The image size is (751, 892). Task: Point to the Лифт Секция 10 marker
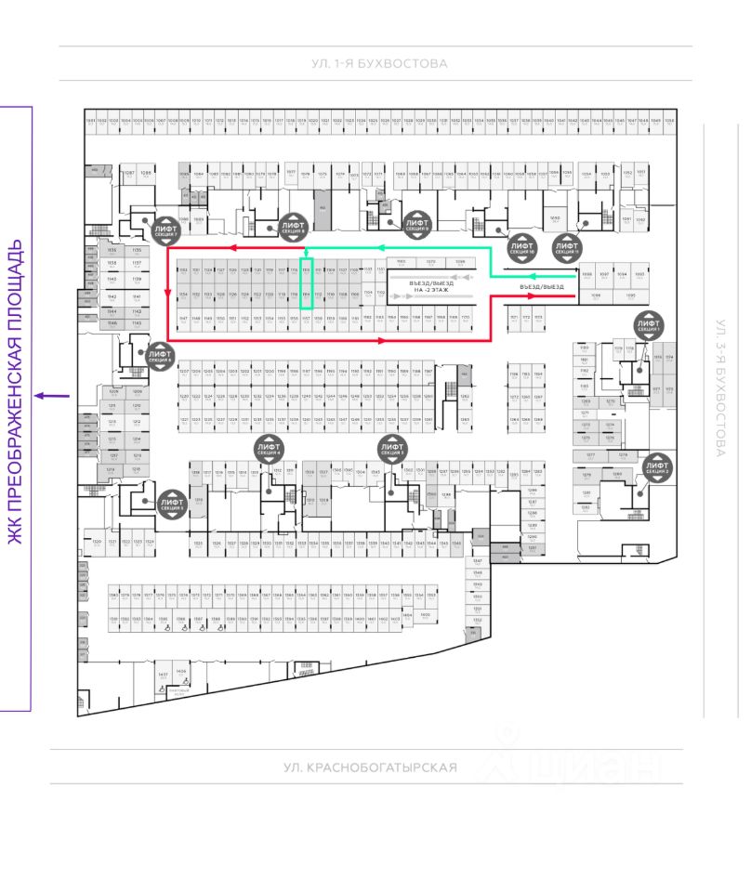coord(521,247)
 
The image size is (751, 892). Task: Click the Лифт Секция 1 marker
coord(648,325)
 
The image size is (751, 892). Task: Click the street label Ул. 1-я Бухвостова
coord(380,64)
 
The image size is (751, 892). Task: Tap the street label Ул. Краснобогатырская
coord(371,767)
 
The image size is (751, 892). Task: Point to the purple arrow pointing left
coord(51,396)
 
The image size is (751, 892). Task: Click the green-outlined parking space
coord(306,283)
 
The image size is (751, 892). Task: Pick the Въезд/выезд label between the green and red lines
coord(542,287)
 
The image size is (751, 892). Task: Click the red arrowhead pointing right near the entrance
coord(533,297)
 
